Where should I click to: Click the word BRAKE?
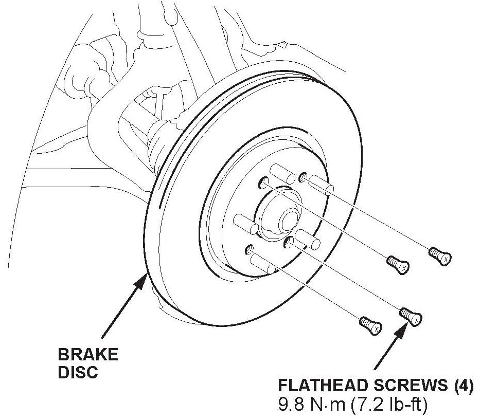point(87,355)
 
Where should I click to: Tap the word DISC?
point(78,372)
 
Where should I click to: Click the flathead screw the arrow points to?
point(411,315)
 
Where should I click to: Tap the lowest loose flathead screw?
point(370,324)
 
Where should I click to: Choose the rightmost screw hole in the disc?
point(303,177)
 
